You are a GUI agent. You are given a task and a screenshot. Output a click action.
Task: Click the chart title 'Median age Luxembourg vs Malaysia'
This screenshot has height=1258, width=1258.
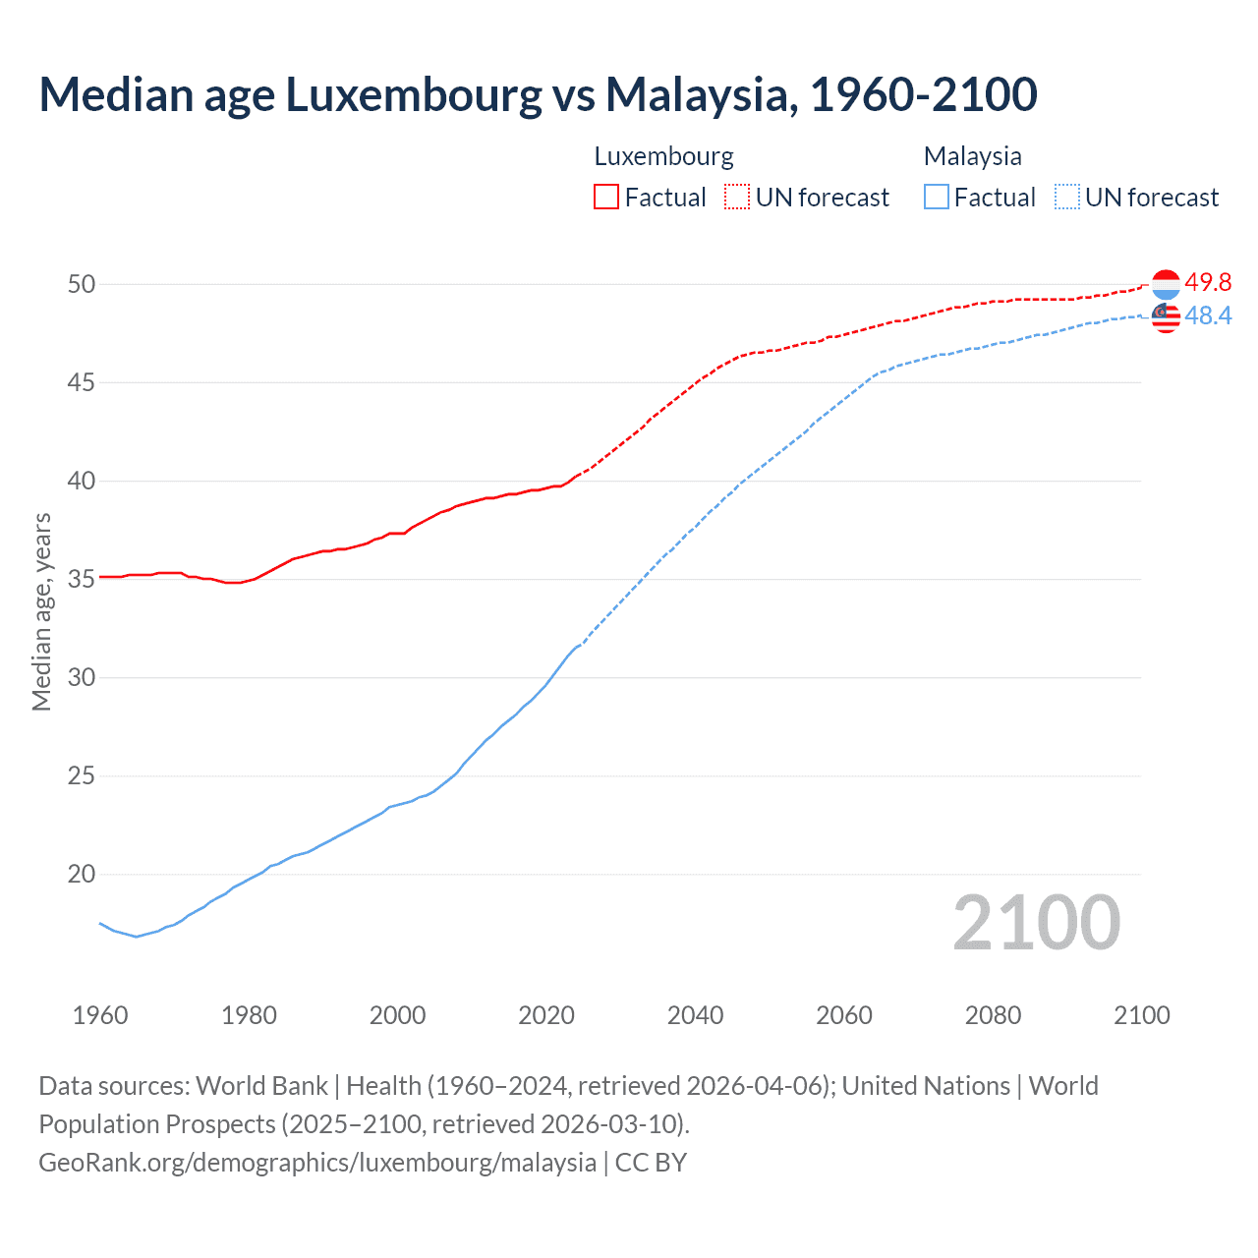[538, 94]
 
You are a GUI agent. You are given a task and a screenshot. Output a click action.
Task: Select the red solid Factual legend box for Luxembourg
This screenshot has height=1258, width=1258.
[606, 198]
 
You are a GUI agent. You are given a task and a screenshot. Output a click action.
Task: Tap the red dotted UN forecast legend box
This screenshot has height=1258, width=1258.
[737, 198]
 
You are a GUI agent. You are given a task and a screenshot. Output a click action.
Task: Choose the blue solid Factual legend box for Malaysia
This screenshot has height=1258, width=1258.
[937, 198]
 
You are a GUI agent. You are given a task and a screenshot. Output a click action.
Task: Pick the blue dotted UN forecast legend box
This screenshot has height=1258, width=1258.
[1067, 198]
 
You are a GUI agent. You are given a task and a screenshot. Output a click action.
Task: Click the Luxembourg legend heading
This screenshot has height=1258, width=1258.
[663, 156]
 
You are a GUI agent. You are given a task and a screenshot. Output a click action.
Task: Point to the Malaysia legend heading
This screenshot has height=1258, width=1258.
[972, 156]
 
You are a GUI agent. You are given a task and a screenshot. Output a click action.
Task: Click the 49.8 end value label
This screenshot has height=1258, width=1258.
[1208, 283]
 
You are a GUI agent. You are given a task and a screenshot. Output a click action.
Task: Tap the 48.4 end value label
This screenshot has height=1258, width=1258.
[1208, 315]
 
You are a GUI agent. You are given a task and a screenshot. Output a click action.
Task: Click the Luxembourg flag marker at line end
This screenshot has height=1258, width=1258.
[1166, 285]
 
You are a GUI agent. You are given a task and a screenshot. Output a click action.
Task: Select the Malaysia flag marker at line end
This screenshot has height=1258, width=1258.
[1166, 317]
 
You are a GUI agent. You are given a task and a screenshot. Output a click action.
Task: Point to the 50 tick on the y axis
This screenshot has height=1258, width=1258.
[82, 284]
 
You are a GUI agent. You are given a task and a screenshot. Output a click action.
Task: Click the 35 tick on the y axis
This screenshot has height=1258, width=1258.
[82, 579]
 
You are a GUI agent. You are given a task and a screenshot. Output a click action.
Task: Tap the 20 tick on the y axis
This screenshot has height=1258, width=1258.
[82, 874]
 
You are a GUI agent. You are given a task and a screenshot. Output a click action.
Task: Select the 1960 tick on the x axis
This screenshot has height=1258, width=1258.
[100, 1015]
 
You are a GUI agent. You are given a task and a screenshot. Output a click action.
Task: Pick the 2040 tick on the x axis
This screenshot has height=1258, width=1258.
[695, 1015]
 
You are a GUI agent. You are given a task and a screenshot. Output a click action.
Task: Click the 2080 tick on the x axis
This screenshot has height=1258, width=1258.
[993, 1015]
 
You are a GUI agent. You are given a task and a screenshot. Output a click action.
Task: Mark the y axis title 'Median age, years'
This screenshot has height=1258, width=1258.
[41, 611]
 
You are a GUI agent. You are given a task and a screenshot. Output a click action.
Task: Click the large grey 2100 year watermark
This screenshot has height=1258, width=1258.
[1036, 923]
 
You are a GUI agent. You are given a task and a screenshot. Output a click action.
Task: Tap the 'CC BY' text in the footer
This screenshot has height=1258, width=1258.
[651, 1163]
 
